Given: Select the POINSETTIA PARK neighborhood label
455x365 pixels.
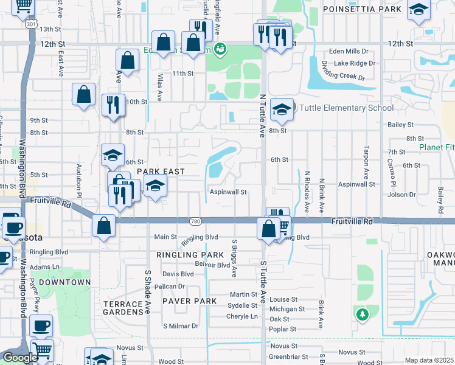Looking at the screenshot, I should click(362, 9).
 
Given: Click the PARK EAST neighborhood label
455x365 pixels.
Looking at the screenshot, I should click(160, 172).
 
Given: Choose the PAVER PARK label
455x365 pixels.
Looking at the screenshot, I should click(189, 301).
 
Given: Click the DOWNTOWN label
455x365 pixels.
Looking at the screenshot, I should click(64, 282).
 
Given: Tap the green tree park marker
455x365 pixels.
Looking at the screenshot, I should click(362, 315).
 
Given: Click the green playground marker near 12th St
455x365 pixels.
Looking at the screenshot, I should click(221, 47).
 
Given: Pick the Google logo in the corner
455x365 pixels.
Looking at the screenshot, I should click(20, 358).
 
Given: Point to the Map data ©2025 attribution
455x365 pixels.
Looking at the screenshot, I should click(429, 360).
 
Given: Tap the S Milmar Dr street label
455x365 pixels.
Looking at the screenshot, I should click(181, 326).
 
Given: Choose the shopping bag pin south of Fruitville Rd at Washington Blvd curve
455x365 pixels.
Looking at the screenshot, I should click(104, 226).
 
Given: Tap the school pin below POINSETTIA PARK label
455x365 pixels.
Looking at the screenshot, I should click(418, 10).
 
